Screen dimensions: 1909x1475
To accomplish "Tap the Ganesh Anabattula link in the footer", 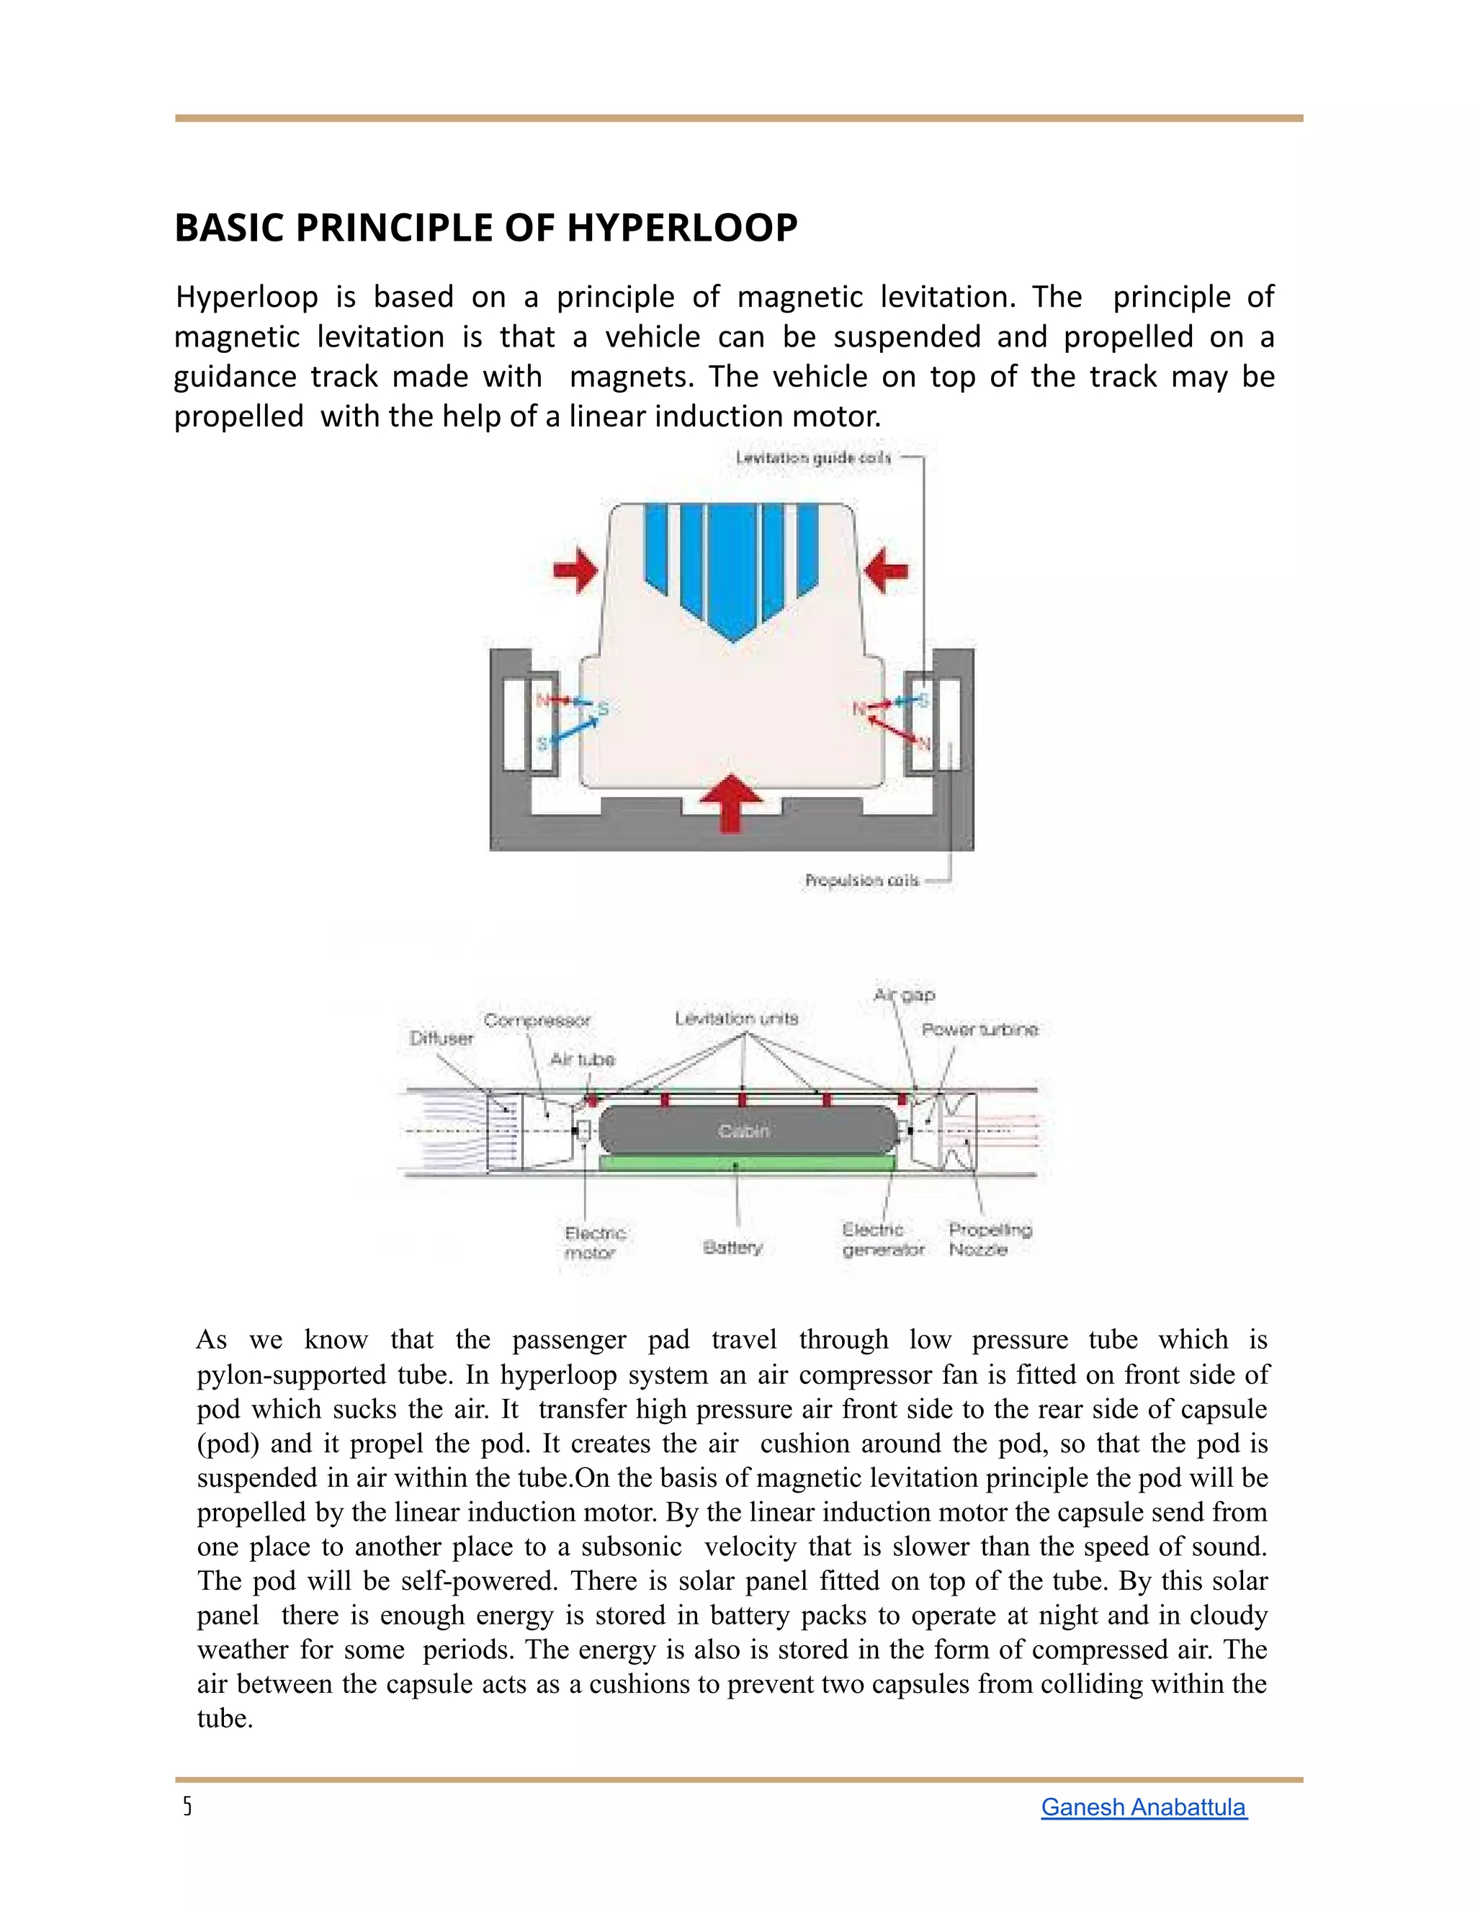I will point(1143,1807).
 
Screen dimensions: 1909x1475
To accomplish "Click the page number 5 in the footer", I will point(187,1807).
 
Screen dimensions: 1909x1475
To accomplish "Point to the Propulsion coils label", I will point(861,880).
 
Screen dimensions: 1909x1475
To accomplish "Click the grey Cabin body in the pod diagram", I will point(745,1130).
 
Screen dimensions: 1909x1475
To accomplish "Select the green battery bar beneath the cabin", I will point(747,1163).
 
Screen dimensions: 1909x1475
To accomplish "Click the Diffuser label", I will point(441,1038).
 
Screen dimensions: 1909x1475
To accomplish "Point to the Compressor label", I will point(537,1020).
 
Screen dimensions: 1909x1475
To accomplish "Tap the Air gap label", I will point(905,995).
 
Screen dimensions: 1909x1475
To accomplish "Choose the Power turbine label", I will point(979,1029).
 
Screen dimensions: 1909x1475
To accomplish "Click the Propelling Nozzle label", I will point(990,1240).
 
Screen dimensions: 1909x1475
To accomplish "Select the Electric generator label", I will point(882,1240).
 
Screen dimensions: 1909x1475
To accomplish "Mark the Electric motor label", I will point(594,1242).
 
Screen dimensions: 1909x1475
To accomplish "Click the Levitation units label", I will point(736,1019).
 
